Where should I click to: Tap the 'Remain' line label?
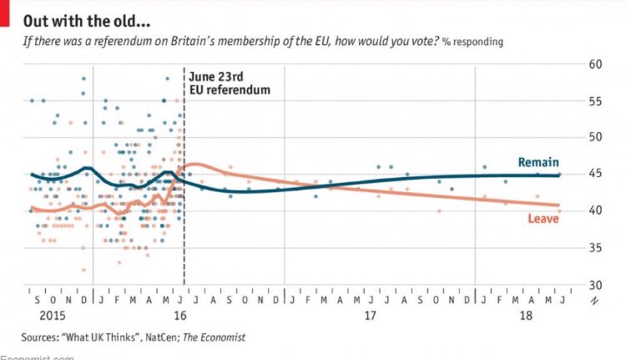[x=538, y=162]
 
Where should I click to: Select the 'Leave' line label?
[x=543, y=219]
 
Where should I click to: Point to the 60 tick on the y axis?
[x=596, y=88]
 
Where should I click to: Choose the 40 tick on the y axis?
[x=596, y=210]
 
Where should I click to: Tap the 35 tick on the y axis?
[x=596, y=247]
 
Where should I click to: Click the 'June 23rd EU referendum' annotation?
[x=228, y=84]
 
